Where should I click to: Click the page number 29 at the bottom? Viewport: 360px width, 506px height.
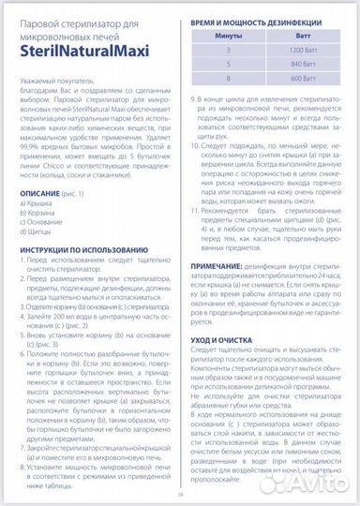point(179,498)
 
